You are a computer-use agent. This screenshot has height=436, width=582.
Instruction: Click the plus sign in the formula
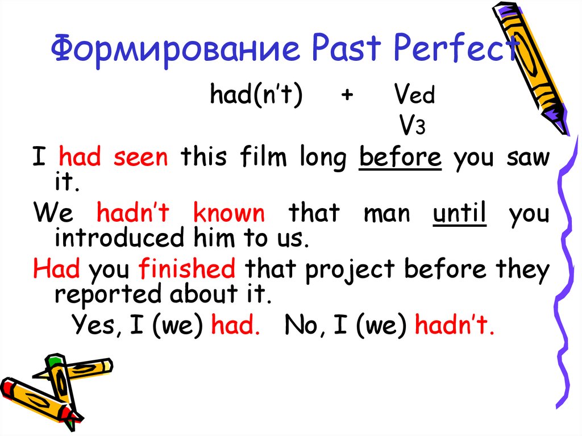pyautogui.click(x=346, y=96)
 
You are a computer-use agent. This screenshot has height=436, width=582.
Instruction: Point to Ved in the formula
pyautogui.click(x=414, y=96)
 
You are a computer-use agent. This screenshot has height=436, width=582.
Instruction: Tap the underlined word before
pyautogui.click(x=400, y=157)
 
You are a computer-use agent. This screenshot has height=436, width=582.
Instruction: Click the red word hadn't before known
pyautogui.click(x=134, y=214)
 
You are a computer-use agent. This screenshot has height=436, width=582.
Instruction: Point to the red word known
pyautogui.click(x=229, y=214)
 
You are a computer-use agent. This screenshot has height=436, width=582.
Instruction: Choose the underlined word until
pyautogui.click(x=460, y=214)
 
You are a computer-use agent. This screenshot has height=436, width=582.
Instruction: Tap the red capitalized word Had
pyautogui.click(x=56, y=269)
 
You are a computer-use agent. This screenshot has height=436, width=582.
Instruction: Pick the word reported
pyautogui.click(x=102, y=295)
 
